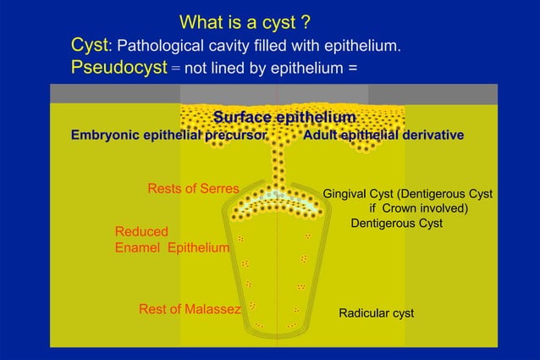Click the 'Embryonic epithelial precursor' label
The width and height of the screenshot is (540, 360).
pyautogui.click(x=169, y=135)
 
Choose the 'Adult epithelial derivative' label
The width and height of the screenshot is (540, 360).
pyautogui.click(x=383, y=135)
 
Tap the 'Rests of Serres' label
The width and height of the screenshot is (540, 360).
pyautogui.click(x=193, y=188)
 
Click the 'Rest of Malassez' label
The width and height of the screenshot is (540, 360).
pyautogui.click(x=190, y=309)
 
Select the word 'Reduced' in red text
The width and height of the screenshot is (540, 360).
pyautogui.click(x=141, y=231)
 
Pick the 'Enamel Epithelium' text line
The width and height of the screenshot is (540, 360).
pyautogui.click(x=172, y=247)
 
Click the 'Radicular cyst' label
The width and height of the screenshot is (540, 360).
pyautogui.click(x=376, y=313)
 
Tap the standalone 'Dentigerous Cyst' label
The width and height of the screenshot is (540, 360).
pyautogui.click(x=396, y=224)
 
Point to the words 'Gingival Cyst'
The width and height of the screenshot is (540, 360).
pyautogui.click(x=360, y=193)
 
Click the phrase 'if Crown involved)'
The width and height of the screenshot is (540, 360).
pyautogui.click(x=419, y=208)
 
